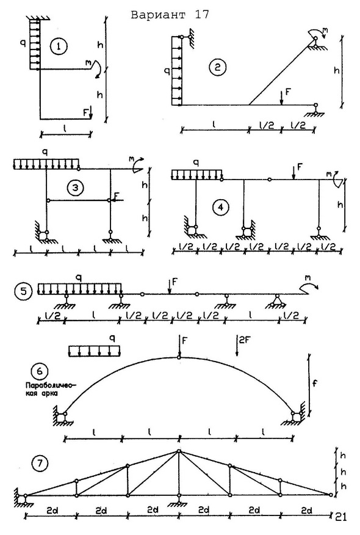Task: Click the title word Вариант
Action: point(159,15)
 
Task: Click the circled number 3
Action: point(75,187)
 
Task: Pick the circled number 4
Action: point(220,207)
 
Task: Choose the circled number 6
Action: point(40,371)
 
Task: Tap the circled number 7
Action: point(40,464)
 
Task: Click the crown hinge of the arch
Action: point(179,357)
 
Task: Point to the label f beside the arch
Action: point(315,383)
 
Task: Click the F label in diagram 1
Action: point(85,111)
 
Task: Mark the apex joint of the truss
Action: point(179,451)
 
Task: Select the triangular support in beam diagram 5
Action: point(277,301)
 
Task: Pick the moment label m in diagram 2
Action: point(325,30)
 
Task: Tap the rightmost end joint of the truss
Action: point(330,495)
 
